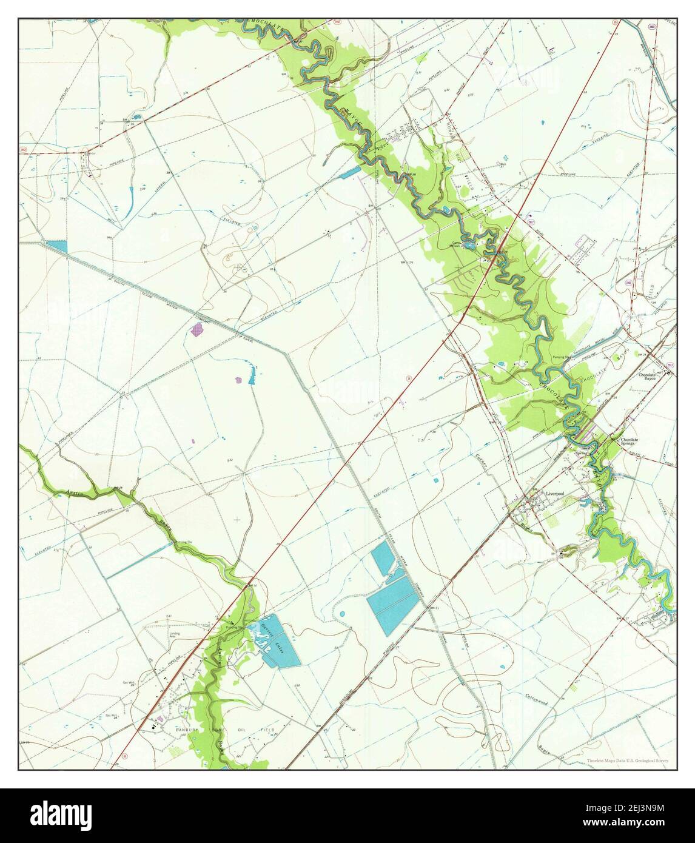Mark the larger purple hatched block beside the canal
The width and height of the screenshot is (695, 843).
click(197, 330)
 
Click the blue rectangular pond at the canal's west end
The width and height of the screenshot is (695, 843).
click(57, 246)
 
